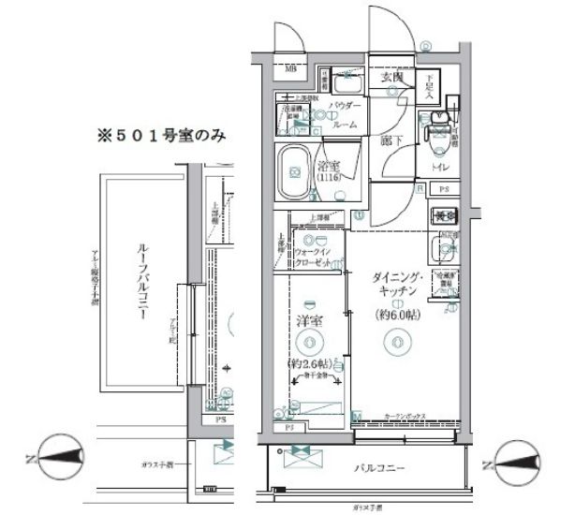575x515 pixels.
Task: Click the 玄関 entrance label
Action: pos(392,79)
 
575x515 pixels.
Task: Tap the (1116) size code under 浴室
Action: pos(329,177)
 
